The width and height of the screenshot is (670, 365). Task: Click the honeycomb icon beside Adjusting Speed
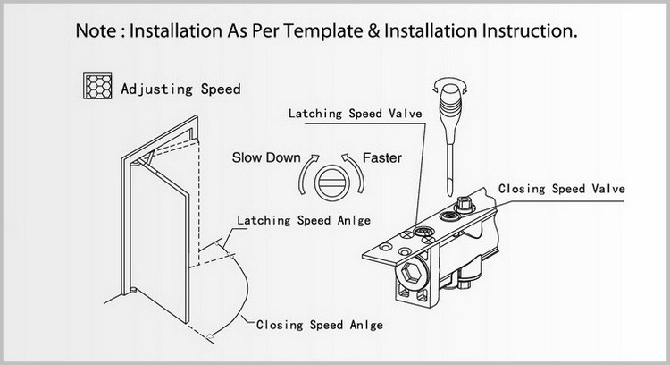click(97, 86)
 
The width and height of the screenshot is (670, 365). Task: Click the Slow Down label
click(266, 157)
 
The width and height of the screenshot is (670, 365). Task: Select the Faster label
click(382, 157)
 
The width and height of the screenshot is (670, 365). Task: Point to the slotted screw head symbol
click(332, 182)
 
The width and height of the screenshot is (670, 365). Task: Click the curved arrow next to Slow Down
click(307, 174)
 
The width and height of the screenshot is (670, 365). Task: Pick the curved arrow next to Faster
click(355, 174)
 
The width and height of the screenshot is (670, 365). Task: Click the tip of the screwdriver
click(449, 194)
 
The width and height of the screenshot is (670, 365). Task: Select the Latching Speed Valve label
click(355, 114)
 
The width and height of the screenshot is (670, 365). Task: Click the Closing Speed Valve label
click(562, 189)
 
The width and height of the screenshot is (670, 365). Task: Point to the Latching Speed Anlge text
click(304, 220)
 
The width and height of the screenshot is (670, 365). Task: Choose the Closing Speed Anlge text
click(320, 325)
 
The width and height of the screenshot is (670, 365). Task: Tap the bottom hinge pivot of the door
click(133, 291)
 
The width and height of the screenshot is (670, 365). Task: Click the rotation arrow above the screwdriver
click(450, 85)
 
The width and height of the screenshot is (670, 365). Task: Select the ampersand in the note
click(373, 31)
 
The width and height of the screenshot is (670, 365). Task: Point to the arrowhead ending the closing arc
click(210, 335)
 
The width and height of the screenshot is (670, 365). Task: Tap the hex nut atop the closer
click(464, 204)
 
